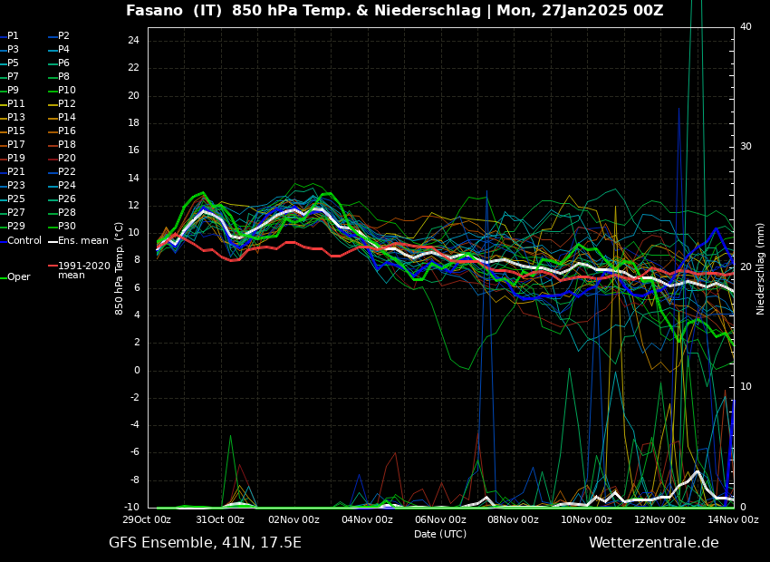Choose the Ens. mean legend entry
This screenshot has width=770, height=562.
pos(82,241)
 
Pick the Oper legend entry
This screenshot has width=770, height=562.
pos(18,277)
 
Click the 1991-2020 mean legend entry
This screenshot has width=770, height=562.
pos(83,270)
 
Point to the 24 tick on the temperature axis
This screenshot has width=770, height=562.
pos(133,41)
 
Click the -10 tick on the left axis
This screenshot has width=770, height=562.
pos(131,508)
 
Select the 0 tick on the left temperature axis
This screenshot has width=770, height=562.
pos(136,370)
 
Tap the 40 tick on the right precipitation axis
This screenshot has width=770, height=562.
pos(746,27)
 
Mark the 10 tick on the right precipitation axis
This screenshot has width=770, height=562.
pos(746,387)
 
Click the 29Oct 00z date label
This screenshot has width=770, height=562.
pos(148,520)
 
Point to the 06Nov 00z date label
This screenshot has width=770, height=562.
pos(440,520)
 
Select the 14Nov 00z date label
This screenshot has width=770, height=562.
pos(732,520)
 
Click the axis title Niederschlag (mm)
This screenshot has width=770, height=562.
pos(761,268)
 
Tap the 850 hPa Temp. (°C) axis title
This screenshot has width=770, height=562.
pos(120,268)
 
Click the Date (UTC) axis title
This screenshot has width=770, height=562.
pos(440,534)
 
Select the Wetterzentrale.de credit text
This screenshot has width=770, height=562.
pos(653,543)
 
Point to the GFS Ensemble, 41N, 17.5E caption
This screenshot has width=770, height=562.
pos(205,543)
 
